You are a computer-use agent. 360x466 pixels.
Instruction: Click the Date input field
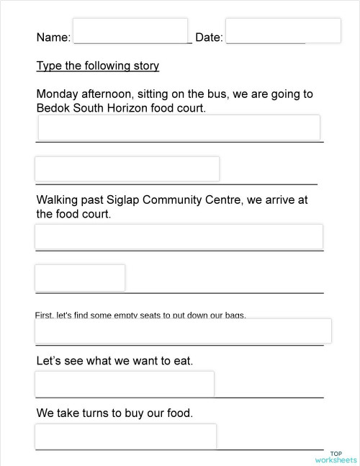click(283, 30)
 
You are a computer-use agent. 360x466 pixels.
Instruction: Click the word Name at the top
click(53, 37)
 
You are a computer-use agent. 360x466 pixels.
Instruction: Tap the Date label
click(209, 37)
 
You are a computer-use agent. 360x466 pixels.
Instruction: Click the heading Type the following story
click(97, 66)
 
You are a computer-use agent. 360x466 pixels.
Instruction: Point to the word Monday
click(58, 94)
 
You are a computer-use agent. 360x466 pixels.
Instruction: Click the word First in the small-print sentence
click(43, 315)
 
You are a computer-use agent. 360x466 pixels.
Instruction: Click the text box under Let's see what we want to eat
click(125, 383)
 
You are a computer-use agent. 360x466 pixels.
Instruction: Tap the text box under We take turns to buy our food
click(125, 436)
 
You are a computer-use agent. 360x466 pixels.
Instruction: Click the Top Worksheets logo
click(336, 456)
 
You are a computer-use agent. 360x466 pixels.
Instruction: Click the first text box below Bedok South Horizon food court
click(179, 127)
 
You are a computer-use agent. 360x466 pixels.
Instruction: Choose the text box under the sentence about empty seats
click(183, 331)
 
